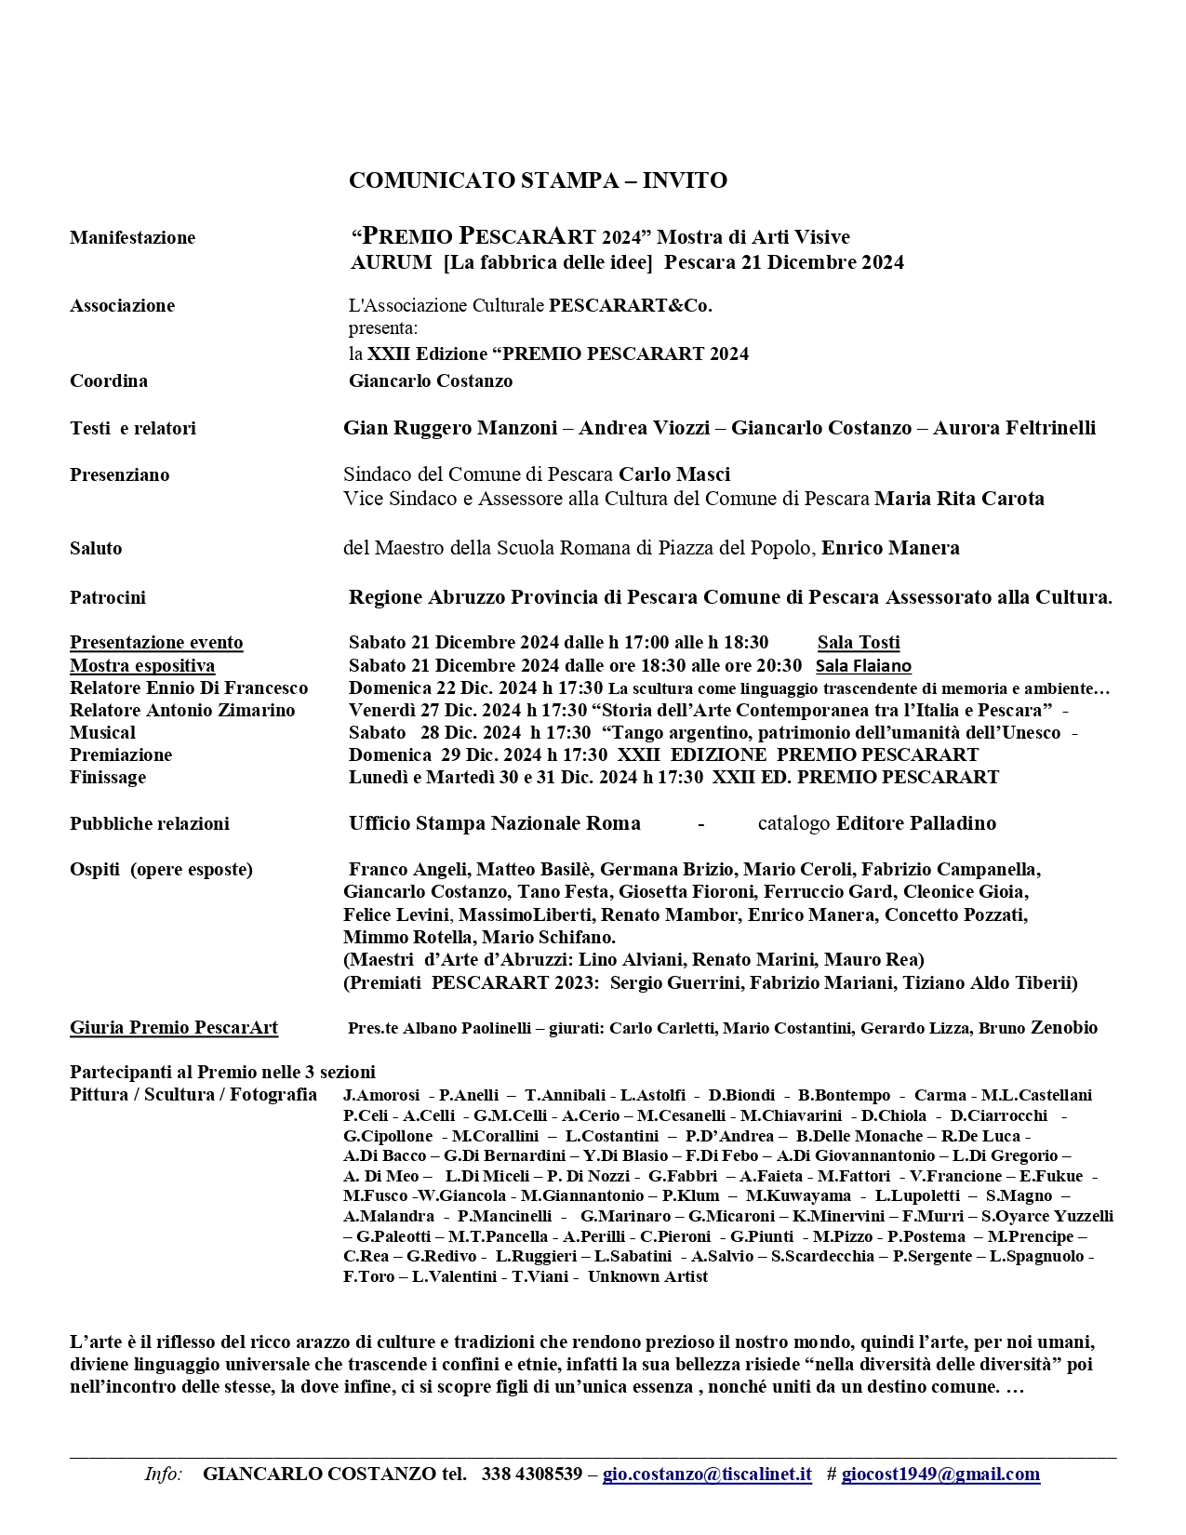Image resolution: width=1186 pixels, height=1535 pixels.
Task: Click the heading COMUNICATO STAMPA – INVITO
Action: click(x=538, y=180)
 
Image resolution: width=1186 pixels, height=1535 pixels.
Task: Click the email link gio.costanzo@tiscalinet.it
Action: click(x=707, y=1474)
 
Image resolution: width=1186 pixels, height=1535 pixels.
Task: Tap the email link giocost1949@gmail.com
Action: click(x=940, y=1474)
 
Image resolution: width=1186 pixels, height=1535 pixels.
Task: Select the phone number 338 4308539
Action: click(x=532, y=1474)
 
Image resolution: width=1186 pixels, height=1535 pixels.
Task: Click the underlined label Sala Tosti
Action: click(x=859, y=642)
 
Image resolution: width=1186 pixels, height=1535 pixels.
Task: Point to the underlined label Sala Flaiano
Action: click(x=863, y=665)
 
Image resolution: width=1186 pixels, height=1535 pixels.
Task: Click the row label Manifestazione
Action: click(x=132, y=237)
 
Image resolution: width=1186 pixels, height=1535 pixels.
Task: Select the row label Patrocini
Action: click(x=108, y=597)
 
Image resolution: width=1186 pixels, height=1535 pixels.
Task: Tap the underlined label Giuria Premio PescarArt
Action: click(x=174, y=1028)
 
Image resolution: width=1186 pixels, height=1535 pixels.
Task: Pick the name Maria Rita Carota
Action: click(x=959, y=499)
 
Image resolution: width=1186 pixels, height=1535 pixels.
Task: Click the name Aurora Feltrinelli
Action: click(x=1014, y=428)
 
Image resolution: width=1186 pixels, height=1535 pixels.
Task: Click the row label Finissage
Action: click(x=108, y=777)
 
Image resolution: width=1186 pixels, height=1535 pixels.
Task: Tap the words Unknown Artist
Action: click(x=647, y=1276)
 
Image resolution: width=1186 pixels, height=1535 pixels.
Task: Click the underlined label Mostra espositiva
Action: click(x=142, y=665)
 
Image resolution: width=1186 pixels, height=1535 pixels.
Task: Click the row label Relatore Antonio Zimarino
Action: click(x=182, y=710)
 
